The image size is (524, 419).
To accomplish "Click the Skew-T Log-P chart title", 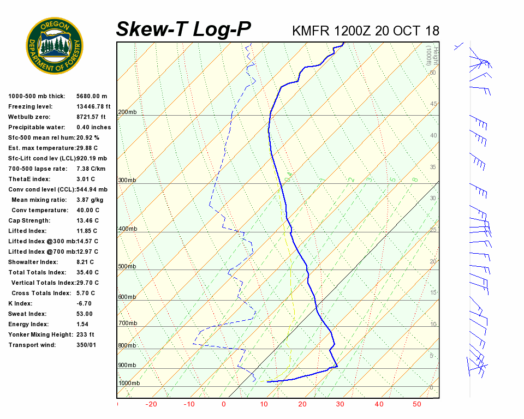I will click(184, 29).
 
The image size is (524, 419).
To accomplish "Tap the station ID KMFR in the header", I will click(311, 31).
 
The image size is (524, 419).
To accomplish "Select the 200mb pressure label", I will click(127, 112).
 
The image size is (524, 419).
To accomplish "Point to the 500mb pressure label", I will click(127, 266).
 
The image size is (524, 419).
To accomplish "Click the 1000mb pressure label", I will click(129, 383).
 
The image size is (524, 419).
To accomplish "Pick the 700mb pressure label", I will click(127, 324).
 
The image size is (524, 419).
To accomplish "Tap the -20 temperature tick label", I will click(151, 404).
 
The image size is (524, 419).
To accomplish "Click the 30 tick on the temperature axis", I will click(340, 404).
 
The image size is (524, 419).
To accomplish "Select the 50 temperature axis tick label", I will click(416, 404).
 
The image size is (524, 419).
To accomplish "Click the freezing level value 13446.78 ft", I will click(93, 106).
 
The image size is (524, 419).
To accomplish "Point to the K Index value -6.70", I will click(84, 303).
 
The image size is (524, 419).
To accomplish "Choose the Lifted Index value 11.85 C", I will click(87, 231).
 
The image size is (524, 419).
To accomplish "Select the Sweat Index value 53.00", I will click(85, 314).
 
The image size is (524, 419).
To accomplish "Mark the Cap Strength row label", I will click(29, 220).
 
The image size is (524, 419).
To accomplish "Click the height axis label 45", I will click(433, 104).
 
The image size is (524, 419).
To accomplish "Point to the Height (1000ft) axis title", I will click(429, 55).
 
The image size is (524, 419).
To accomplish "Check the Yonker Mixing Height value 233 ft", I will click(86, 334).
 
